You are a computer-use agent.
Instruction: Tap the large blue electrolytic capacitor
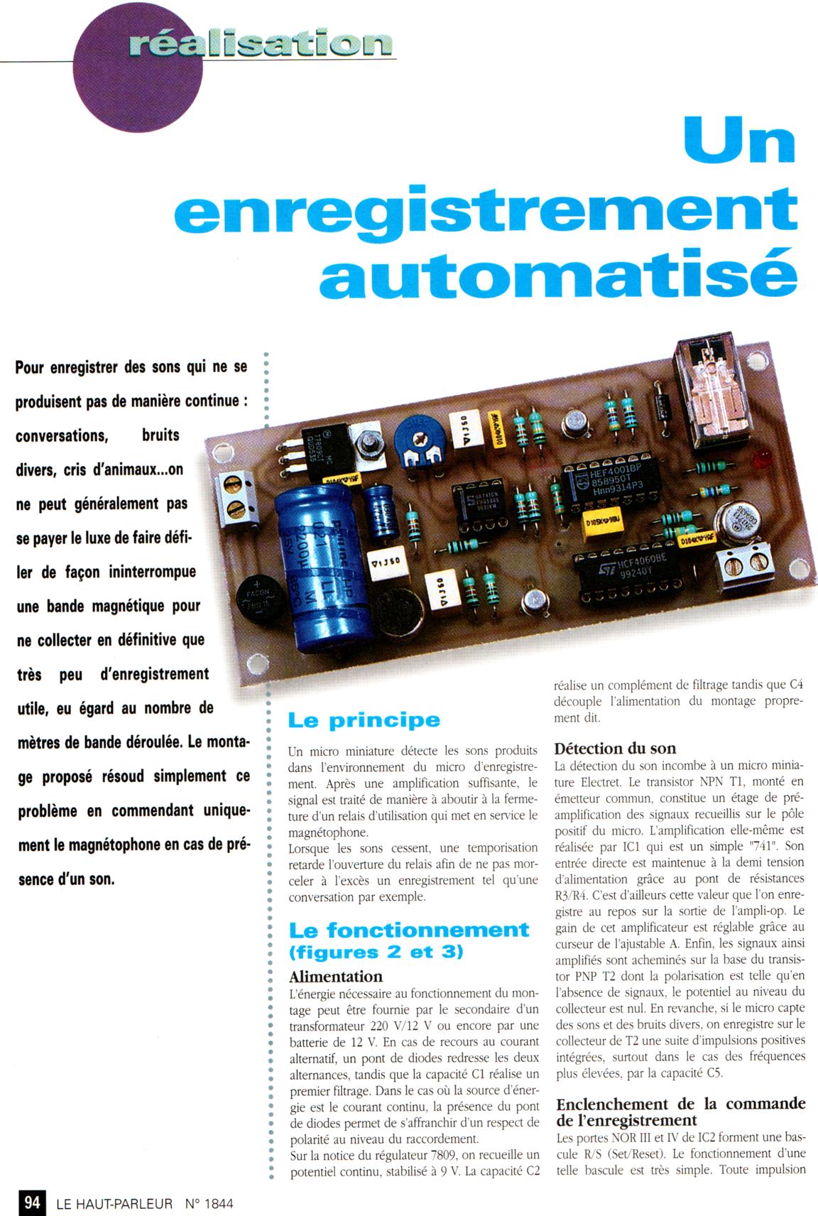325,565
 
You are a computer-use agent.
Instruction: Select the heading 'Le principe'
364,720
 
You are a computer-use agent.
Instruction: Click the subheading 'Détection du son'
615,749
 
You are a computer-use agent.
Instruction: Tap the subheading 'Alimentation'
335,977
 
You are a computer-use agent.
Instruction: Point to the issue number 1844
219,1203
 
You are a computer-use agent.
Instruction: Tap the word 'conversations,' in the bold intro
62,436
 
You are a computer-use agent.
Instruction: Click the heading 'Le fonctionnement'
409,929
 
